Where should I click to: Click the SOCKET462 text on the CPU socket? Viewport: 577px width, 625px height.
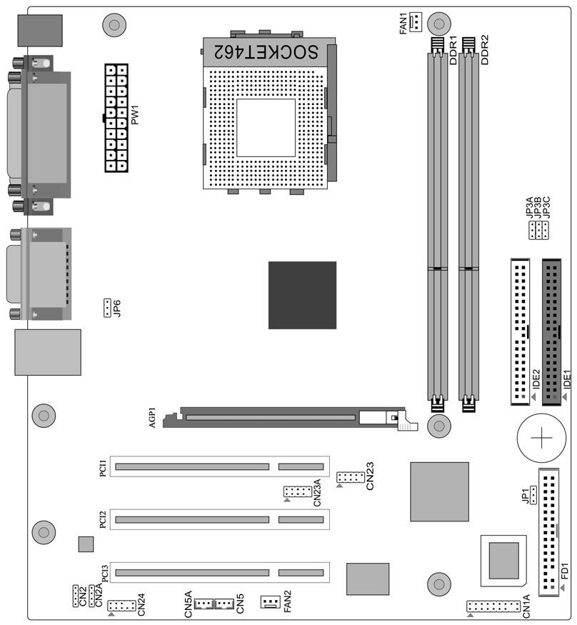pyautogui.click(x=266, y=52)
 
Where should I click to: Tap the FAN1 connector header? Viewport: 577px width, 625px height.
pyautogui.click(x=416, y=22)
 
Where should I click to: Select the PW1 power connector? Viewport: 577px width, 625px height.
pyautogui.click(x=116, y=118)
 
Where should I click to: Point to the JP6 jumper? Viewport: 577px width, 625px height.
pyautogui.click(x=107, y=308)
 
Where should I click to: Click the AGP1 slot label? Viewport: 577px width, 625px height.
pyautogui.click(x=152, y=417)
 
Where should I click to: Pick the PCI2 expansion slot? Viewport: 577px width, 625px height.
pyautogui.click(x=219, y=519)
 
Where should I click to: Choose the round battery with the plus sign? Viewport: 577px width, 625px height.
pyautogui.click(x=541, y=438)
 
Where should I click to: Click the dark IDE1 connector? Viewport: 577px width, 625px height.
pyautogui.click(x=551, y=332)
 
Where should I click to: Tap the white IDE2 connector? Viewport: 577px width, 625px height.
pyautogui.click(x=521, y=332)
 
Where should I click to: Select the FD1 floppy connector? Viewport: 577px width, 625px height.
pyautogui.click(x=548, y=532)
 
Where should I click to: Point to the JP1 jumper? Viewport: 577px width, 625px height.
pyautogui.click(x=533, y=495)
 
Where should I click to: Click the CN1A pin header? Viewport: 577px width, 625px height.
pyautogui.click(x=493, y=606)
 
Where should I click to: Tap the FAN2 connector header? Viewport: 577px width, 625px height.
pyautogui.click(x=271, y=601)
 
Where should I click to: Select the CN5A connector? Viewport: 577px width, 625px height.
pyautogui.click(x=204, y=604)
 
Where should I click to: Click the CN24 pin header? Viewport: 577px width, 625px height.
pyautogui.click(x=121, y=606)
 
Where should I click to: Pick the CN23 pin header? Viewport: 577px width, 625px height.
pyautogui.click(x=351, y=476)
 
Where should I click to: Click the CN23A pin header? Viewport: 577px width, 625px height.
pyautogui.click(x=298, y=491)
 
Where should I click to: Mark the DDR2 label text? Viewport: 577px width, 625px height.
pyautogui.click(x=484, y=50)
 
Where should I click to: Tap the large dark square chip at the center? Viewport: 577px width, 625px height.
pyautogui.click(x=303, y=296)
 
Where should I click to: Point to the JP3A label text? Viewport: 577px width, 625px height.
pyautogui.click(x=529, y=207)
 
